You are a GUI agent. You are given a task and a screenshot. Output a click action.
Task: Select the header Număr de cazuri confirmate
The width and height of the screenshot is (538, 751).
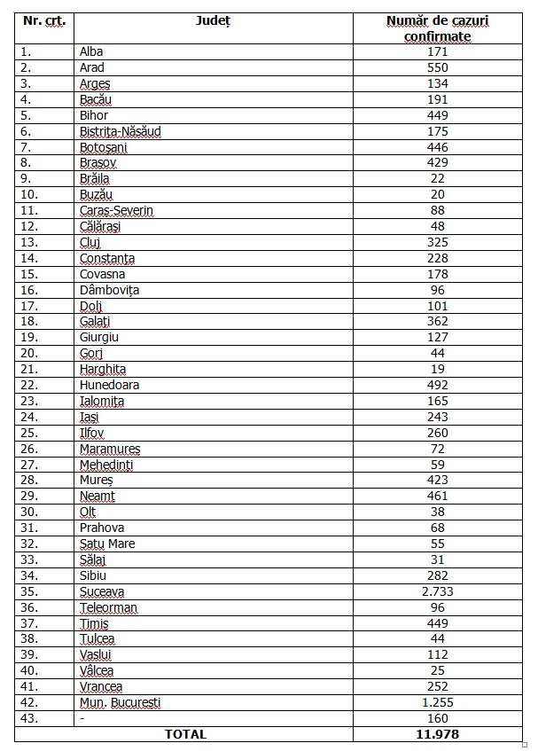(x=438, y=28)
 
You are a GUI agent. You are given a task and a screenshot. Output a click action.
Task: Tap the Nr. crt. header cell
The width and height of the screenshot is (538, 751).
(x=44, y=20)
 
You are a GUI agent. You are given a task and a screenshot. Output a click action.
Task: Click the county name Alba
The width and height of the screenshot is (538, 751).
(x=91, y=51)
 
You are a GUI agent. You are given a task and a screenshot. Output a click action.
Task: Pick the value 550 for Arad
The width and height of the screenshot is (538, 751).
(x=438, y=67)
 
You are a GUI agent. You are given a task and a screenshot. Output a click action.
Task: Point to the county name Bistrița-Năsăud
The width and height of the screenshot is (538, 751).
(x=120, y=131)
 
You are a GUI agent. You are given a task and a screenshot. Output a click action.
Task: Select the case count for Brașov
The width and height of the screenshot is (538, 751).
(x=438, y=163)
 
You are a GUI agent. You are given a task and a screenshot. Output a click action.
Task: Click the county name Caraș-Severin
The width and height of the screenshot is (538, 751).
(x=116, y=211)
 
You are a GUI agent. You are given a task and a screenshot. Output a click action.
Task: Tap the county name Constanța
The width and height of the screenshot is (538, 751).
(x=107, y=258)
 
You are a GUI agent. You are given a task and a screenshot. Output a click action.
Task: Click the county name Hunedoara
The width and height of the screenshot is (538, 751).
(x=109, y=385)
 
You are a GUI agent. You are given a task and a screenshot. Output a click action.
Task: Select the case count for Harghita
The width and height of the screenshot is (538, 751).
(x=438, y=369)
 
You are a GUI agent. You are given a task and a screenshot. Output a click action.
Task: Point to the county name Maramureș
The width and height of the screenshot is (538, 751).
(x=110, y=449)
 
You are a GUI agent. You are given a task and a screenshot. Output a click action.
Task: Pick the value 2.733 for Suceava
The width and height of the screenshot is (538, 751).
(x=438, y=591)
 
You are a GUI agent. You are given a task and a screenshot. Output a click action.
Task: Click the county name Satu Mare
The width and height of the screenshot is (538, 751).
(x=107, y=544)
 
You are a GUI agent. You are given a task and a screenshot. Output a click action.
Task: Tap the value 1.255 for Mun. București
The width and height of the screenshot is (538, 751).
(x=438, y=702)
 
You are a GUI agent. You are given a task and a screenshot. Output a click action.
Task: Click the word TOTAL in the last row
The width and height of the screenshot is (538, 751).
(x=185, y=734)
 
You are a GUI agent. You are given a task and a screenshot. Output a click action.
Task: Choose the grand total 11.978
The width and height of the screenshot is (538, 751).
(x=438, y=734)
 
